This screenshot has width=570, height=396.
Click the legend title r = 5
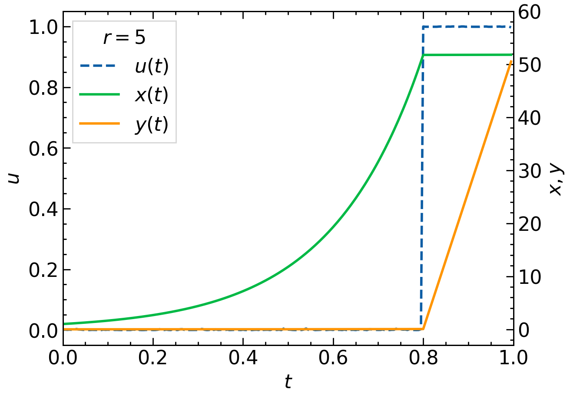tap(124, 38)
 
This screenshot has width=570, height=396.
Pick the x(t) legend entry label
tap(151, 95)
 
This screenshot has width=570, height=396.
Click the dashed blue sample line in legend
tap(99, 66)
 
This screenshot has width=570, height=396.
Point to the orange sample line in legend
tap(99, 124)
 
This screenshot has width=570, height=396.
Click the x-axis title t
tap(288, 382)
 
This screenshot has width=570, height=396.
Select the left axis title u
tap(14, 178)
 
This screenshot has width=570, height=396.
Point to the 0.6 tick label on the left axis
tap(43, 148)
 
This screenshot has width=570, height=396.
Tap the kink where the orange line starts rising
tap(423, 329)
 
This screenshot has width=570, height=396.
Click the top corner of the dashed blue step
tap(423, 27)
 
